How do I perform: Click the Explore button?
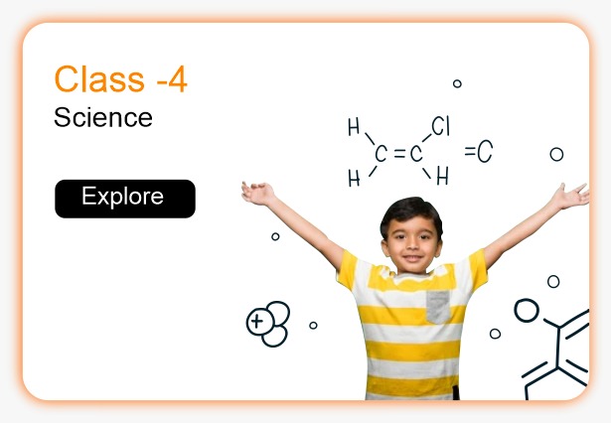click(124, 198)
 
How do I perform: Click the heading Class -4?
click(120, 79)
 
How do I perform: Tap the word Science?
click(103, 118)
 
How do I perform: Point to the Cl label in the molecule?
click(441, 127)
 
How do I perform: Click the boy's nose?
click(409, 243)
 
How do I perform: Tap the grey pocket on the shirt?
click(439, 306)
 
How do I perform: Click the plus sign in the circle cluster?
click(258, 321)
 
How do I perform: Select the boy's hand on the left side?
click(257, 192)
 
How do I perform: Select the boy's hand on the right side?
click(571, 196)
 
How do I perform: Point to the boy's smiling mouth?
click(410, 257)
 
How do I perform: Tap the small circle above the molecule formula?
click(457, 83)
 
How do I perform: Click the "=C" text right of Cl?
click(478, 152)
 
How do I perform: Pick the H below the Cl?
click(442, 177)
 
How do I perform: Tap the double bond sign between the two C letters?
click(398, 154)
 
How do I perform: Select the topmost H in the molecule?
click(354, 127)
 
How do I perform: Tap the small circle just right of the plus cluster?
click(313, 325)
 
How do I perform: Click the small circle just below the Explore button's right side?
click(275, 236)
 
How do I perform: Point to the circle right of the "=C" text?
click(556, 154)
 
